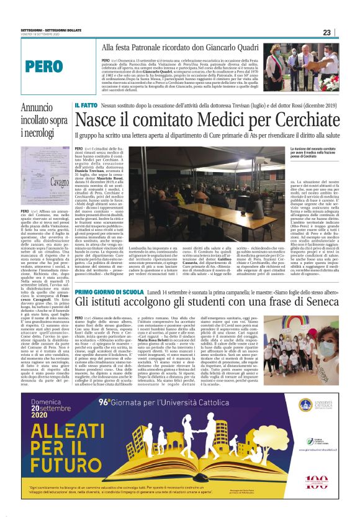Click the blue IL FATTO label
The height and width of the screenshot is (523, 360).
point(85,106)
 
